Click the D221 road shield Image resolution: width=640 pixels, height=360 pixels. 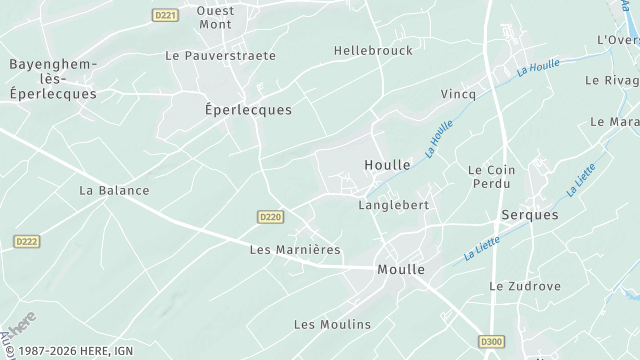pos(166,14)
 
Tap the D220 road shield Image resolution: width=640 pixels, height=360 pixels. pos(270,216)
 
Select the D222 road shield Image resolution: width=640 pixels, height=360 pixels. pos(26,241)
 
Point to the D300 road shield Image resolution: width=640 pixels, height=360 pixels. pos(491,341)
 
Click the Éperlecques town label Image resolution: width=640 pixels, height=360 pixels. pos(248,110)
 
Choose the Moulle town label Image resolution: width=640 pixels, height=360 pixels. pos(401,270)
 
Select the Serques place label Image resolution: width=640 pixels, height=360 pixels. pos(530,215)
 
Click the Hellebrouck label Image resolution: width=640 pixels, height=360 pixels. pos(373,50)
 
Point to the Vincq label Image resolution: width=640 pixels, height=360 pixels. pos(458,93)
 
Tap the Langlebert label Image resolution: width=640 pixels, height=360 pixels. pos(393,205)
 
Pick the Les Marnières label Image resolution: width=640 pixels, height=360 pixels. pos(295,249)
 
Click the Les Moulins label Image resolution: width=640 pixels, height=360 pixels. pos(332,324)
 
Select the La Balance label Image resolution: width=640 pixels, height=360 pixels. pos(114,190)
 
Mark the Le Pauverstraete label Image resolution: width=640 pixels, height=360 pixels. pos(220,56)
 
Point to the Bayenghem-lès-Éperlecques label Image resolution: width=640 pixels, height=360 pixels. pos(53,79)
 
